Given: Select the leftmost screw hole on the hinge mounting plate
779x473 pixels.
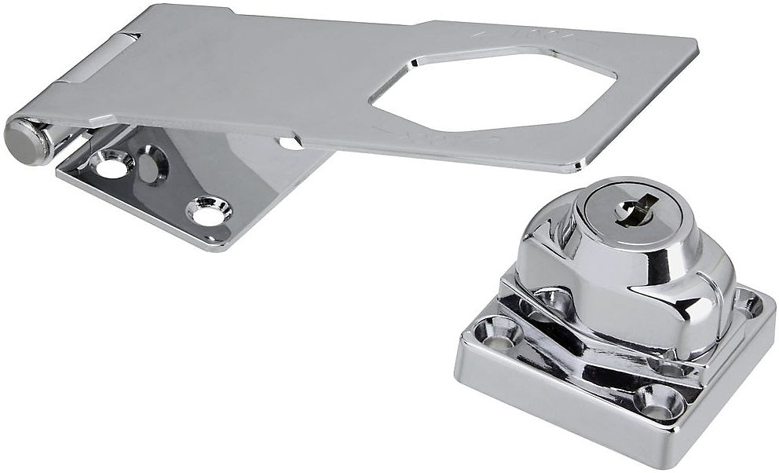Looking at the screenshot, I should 112,163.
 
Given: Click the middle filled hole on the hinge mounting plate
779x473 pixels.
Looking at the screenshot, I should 151,165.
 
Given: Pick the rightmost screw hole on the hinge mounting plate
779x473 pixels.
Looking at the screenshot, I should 208,211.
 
